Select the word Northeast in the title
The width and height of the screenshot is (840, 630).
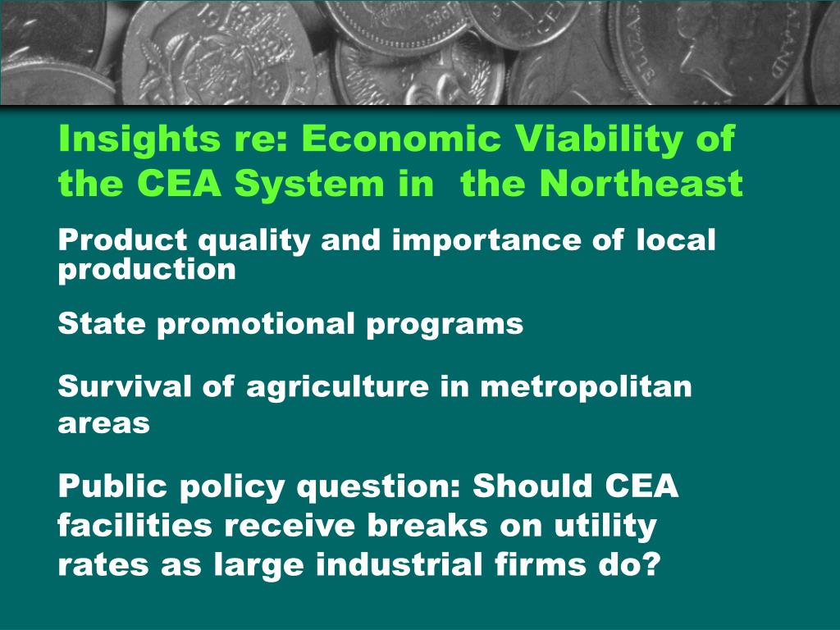[x=641, y=183]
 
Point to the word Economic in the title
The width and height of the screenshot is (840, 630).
[x=401, y=138]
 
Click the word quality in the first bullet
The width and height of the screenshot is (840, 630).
[x=254, y=240]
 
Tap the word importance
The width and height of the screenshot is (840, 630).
[x=486, y=241]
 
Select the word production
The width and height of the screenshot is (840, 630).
[x=147, y=269]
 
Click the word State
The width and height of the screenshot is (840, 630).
[x=102, y=323]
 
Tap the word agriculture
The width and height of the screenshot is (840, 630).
[x=337, y=387]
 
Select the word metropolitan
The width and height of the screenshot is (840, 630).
[x=586, y=387]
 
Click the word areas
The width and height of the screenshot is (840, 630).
[x=103, y=423]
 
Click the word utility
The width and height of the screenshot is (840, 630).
[x=605, y=526]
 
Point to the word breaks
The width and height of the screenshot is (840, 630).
[x=427, y=525]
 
